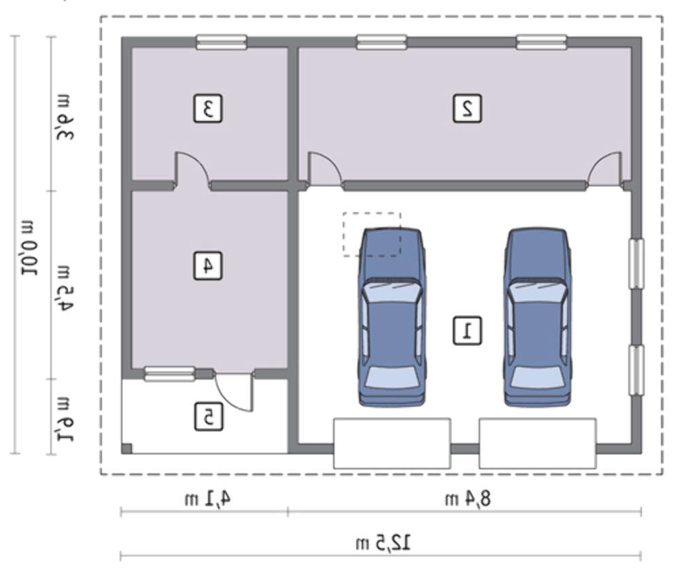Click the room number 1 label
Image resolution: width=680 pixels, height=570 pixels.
pos(467,331)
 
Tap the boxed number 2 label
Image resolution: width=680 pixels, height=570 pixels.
pos(467,108)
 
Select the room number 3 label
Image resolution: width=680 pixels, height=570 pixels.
pos(207,108)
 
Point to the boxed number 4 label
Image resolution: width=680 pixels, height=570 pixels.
pos(207,265)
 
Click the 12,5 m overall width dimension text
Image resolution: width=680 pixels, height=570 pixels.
pos(383,542)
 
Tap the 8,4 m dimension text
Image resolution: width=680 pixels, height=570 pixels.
pos(468,499)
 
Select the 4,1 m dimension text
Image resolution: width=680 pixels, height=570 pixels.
pos(207,499)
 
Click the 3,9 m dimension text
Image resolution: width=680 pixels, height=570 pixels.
pos(64,117)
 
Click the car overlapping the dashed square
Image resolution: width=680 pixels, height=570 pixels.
pos(391,318)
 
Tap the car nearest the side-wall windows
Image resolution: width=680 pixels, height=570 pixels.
pos(538,318)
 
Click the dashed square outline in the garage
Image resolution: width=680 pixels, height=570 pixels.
pos(372,213)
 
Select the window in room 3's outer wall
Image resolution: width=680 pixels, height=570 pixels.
pos(222,42)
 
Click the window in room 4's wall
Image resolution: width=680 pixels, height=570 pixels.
pos(169,374)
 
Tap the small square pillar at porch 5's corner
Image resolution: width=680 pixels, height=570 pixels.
pos(126,448)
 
